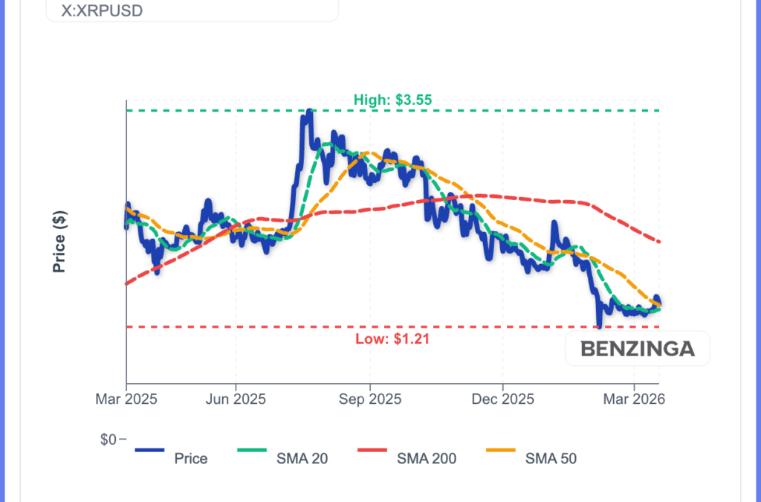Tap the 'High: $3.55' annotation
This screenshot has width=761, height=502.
(x=393, y=99)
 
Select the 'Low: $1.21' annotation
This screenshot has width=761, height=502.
(x=393, y=339)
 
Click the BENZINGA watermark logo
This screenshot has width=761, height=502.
(x=638, y=348)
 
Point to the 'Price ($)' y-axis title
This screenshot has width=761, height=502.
(x=59, y=242)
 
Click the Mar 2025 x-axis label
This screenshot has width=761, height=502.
(x=126, y=399)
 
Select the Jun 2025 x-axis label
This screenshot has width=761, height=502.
(x=236, y=399)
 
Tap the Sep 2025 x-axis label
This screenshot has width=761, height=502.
(x=369, y=399)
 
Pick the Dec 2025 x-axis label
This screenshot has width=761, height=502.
(x=502, y=399)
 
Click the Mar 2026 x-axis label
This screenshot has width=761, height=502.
(x=634, y=399)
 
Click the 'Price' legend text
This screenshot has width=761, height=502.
(x=191, y=458)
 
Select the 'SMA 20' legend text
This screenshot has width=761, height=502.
(x=302, y=458)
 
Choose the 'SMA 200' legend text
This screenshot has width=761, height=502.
(x=427, y=458)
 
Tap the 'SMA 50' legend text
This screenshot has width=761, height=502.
(x=551, y=458)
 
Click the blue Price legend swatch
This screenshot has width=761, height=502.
(x=149, y=450)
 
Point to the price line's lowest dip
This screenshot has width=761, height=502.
(x=599, y=325)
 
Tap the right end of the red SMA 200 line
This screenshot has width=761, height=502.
(x=659, y=242)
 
